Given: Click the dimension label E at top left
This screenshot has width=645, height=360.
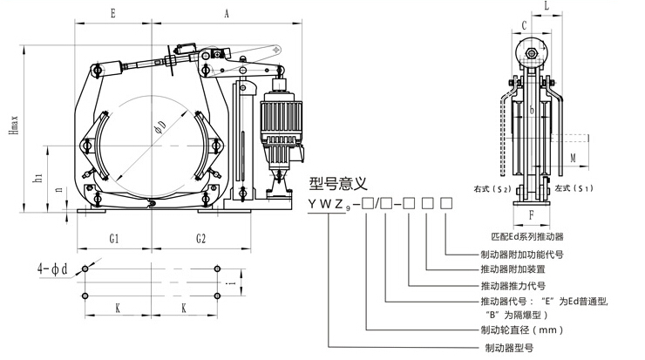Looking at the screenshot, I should pos(112,13).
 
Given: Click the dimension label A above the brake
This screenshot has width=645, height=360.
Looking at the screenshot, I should pos(226,13).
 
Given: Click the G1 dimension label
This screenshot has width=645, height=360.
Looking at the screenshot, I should pos(114,237).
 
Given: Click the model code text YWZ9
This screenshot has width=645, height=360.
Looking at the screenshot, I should pos(329,205).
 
